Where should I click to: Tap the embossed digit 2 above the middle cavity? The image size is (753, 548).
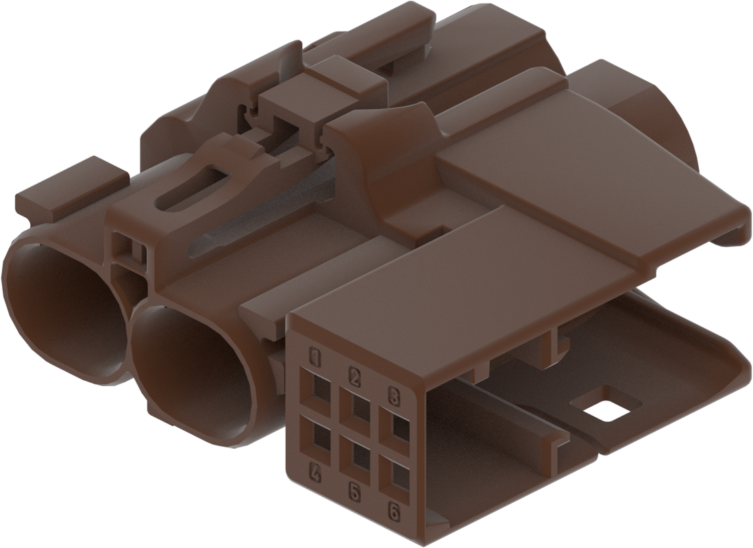[354, 377]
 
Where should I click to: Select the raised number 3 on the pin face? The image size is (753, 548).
[394, 397]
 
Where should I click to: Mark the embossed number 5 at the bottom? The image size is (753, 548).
[354, 491]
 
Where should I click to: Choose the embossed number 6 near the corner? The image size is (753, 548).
[394, 512]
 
